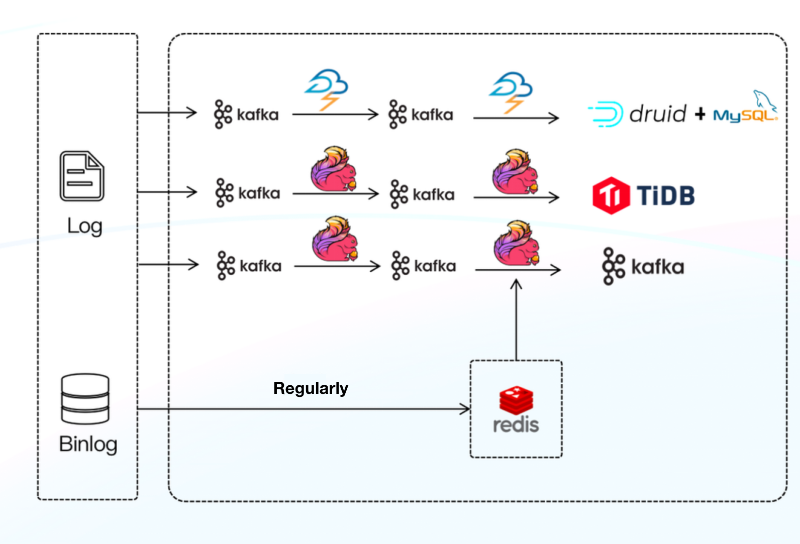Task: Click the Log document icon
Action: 82,176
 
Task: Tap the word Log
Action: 84,226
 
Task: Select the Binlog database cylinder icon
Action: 85,399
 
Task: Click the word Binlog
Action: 88,444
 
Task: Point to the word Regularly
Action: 311,388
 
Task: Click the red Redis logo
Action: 516,410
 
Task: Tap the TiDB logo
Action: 644,195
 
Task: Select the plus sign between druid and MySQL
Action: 700,115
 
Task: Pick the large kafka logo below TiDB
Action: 643,267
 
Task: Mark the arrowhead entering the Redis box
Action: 465,409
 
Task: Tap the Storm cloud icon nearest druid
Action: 511,92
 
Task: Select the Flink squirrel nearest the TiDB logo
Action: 516,172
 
